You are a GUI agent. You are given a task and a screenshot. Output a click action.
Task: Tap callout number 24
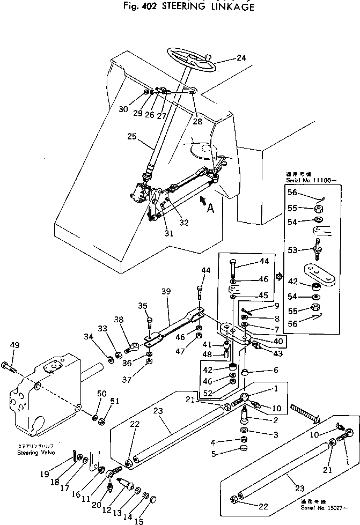tap(241, 58)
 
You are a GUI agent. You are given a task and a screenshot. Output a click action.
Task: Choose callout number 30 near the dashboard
tap(123, 109)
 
